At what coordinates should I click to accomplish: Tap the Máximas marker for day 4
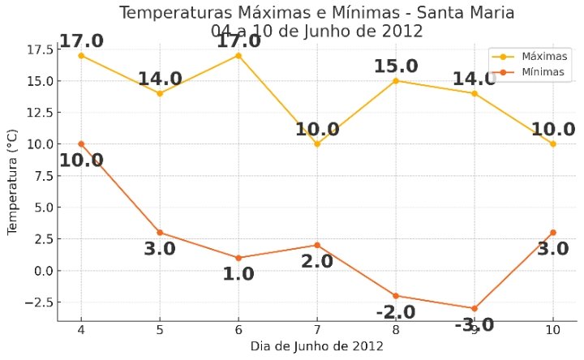[x=81, y=55]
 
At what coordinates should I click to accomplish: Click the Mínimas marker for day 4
[x=81, y=144]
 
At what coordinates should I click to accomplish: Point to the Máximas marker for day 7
[x=317, y=144]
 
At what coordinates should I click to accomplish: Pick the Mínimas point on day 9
[x=474, y=308]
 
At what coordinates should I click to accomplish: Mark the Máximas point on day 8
[x=396, y=80]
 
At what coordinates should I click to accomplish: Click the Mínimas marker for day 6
[x=238, y=258]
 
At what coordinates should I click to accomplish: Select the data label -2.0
[x=395, y=312]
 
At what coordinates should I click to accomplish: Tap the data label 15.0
[x=396, y=66]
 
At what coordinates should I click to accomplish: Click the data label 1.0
[x=238, y=274]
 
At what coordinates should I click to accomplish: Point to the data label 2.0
[x=317, y=261]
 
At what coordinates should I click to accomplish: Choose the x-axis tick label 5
[x=160, y=330]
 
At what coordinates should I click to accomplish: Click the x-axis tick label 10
[x=553, y=330]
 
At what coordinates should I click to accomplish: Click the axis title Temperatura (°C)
[x=12, y=182]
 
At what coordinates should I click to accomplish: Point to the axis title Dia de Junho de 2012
[x=316, y=346]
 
